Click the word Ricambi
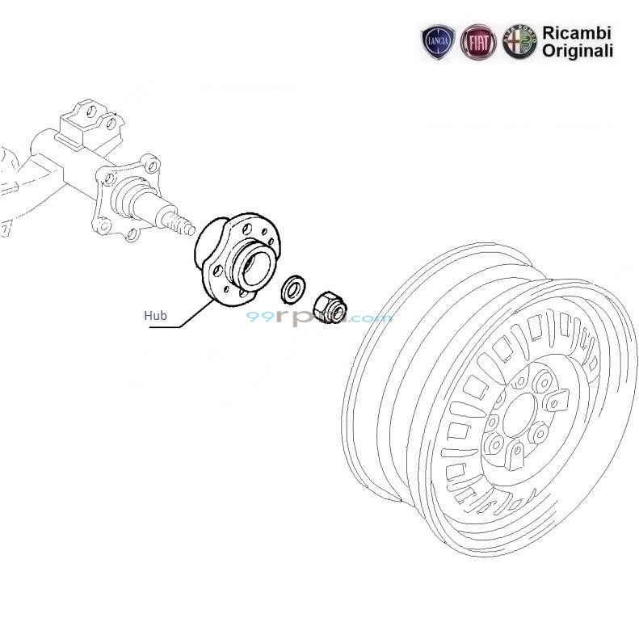[x=576, y=33]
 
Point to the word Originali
[x=577, y=50]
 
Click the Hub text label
[x=155, y=316]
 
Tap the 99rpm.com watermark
[x=320, y=318]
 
